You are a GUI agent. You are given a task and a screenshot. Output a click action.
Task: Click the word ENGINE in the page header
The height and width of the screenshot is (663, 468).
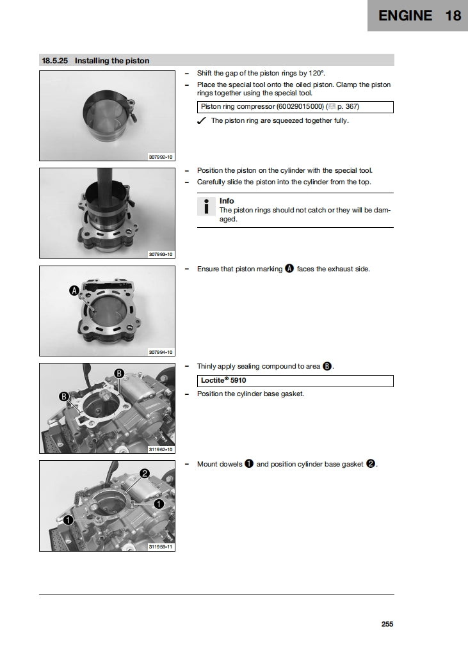tap(405, 16)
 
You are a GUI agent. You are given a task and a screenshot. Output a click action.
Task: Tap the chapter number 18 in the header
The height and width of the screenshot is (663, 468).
tap(453, 16)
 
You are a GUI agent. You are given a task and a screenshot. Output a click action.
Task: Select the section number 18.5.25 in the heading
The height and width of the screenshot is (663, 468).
tap(55, 61)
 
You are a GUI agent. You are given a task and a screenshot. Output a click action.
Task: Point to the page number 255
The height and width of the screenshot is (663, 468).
tap(387, 624)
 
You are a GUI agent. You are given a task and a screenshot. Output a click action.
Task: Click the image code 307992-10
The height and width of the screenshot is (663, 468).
tap(161, 157)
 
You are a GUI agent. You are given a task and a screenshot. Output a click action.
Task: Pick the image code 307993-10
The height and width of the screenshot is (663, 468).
tap(161, 254)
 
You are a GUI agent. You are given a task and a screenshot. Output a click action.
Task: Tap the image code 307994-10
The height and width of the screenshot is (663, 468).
tap(161, 352)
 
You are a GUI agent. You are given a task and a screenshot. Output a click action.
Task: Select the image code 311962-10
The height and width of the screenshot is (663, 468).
tap(161, 449)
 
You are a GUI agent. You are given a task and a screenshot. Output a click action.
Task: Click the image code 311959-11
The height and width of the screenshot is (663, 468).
tap(161, 547)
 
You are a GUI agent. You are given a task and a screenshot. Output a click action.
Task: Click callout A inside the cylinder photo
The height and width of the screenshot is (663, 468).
tap(74, 291)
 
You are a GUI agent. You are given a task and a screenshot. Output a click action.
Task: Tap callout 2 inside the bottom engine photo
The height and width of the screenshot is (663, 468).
tap(145, 474)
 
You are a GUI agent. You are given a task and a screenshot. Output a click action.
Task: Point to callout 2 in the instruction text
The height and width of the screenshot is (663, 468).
tap(371, 464)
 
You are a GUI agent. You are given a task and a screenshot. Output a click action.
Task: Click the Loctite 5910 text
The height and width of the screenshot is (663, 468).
tap(223, 380)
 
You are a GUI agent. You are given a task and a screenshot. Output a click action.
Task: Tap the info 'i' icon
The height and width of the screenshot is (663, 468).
tap(206, 206)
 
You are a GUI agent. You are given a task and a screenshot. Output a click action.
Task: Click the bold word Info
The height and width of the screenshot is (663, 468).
tap(227, 201)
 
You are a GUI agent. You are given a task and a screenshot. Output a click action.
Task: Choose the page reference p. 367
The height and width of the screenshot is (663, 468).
tap(353, 107)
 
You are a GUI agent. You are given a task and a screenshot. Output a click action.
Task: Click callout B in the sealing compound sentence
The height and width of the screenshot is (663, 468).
tap(327, 367)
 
